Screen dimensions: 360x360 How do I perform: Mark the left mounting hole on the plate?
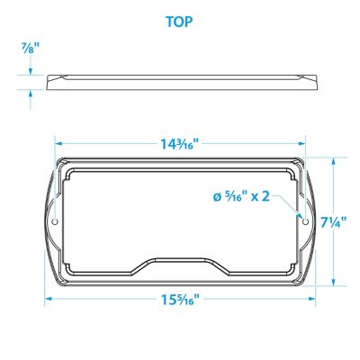tap(55, 220)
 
